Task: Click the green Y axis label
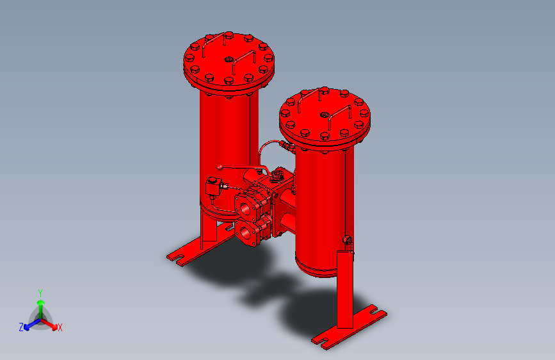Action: click(x=40, y=292)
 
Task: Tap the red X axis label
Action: click(x=60, y=327)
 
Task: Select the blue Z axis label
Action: click(x=21, y=327)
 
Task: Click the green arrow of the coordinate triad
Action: click(x=40, y=306)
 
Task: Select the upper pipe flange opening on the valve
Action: click(x=246, y=204)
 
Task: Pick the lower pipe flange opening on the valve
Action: click(x=247, y=230)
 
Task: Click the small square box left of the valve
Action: click(x=212, y=189)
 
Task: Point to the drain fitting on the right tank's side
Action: click(x=348, y=241)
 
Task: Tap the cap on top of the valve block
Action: click(x=277, y=172)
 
